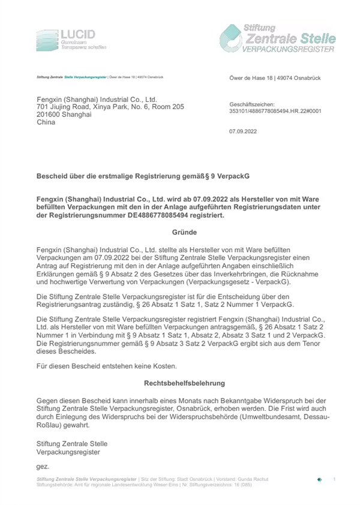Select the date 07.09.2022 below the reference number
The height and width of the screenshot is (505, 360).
[244, 131]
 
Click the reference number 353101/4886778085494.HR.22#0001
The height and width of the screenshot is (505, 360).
[275, 110]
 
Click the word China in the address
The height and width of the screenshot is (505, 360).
[46, 122]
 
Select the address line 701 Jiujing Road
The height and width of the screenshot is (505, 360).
[110, 107]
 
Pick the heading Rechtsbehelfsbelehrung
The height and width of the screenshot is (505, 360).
[184, 382]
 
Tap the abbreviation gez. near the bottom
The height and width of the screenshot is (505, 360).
[43, 466]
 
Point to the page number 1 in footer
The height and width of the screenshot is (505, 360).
[334, 479]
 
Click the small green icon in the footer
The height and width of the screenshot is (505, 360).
[319, 479]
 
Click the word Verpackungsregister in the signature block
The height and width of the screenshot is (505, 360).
[68, 452]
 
